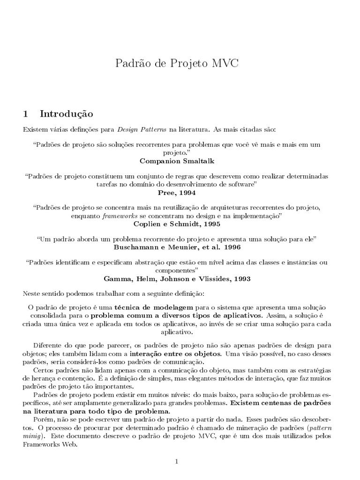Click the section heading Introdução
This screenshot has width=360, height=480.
pyautogui.click(x=67, y=114)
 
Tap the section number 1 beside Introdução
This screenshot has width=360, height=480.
pyautogui.click(x=26, y=114)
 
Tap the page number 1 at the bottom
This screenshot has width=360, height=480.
pyautogui.click(x=177, y=461)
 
